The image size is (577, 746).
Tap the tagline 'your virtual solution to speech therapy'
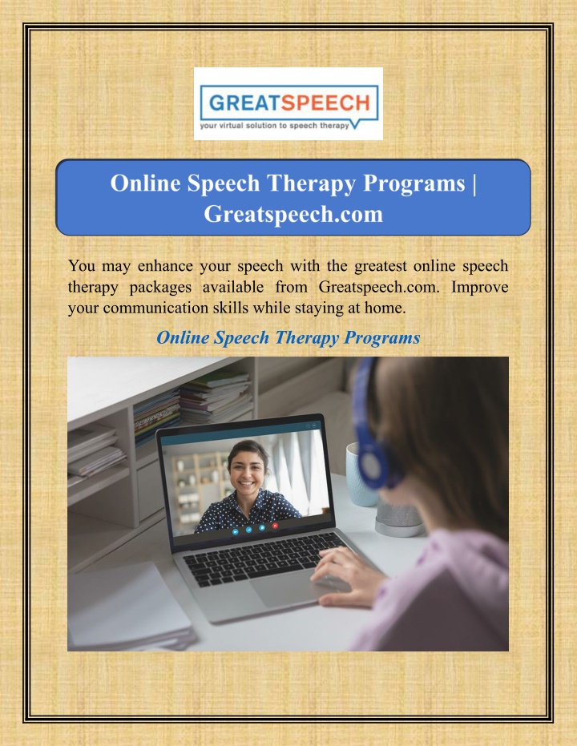point(275,126)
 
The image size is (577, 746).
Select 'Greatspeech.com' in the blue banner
point(293,214)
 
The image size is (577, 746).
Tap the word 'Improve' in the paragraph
point(479,287)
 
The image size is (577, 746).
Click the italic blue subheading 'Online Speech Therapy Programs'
point(288,337)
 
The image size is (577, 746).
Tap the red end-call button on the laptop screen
point(275,526)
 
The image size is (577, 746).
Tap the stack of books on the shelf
point(216,397)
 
